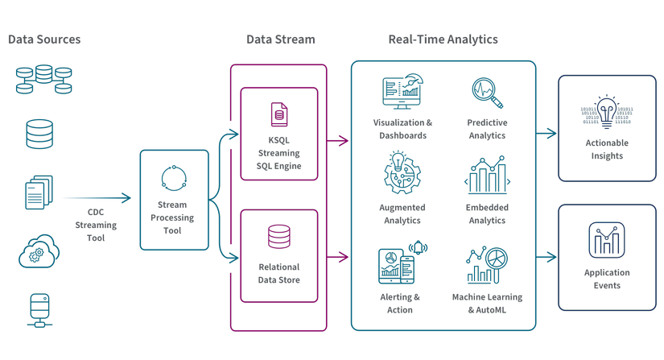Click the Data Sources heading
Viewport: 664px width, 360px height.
tap(44, 39)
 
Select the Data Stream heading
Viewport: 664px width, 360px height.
tap(280, 39)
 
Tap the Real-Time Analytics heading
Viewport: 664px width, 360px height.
tap(443, 39)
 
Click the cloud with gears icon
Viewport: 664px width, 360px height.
tap(39, 251)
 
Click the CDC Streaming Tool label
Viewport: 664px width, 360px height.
tap(95, 226)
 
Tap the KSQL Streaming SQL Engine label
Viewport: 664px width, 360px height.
tap(278, 153)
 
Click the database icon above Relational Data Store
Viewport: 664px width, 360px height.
tap(279, 237)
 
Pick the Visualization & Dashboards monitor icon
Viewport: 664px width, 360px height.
tap(402, 93)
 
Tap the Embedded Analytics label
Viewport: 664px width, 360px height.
tap(487, 213)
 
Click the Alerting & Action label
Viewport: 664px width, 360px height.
tap(400, 303)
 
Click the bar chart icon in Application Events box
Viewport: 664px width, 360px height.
tap(607, 239)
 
